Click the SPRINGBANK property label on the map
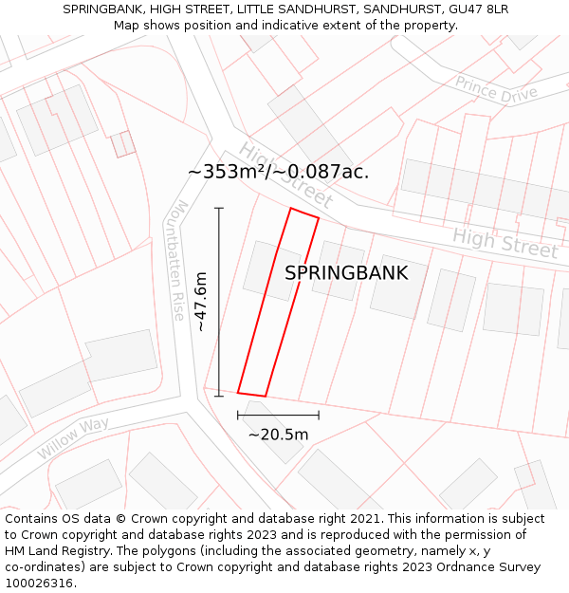click(346, 273)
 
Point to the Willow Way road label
click(73, 437)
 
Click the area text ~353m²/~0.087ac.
click(278, 172)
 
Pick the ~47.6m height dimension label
click(200, 302)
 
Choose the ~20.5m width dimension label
click(278, 435)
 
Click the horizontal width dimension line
click(278, 415)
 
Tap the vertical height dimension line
click(219, 302)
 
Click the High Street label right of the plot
click(504, 243)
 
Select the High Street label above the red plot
click(284, 176)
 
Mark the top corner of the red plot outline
click(291, 209)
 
